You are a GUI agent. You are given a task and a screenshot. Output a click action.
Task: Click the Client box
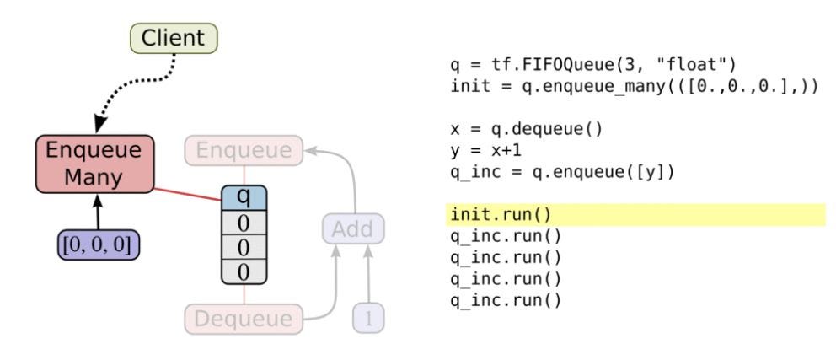coord(173,38)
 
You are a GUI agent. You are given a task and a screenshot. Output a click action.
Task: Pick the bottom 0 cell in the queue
coord(243,271)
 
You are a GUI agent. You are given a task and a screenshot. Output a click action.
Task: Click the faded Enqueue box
coord(244,152)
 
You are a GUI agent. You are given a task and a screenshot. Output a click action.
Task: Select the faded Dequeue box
coord(244,320)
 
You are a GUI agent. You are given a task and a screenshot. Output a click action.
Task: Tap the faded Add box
coord(353,228)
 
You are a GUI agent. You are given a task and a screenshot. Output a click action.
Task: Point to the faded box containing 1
coord(367,320)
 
